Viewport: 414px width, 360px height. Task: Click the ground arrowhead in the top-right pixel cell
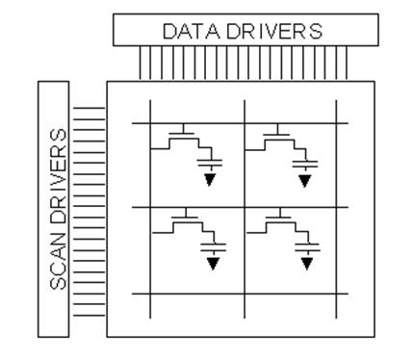pyautogui.click(x=306, y=178)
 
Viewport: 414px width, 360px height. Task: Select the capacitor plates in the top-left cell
pyautogui.click(x=212, y=163)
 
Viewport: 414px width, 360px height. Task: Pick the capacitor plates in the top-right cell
pyautogui.click(x=306, y=163)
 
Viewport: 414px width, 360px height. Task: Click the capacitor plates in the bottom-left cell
pyautogui.click(x=212, y=247)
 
